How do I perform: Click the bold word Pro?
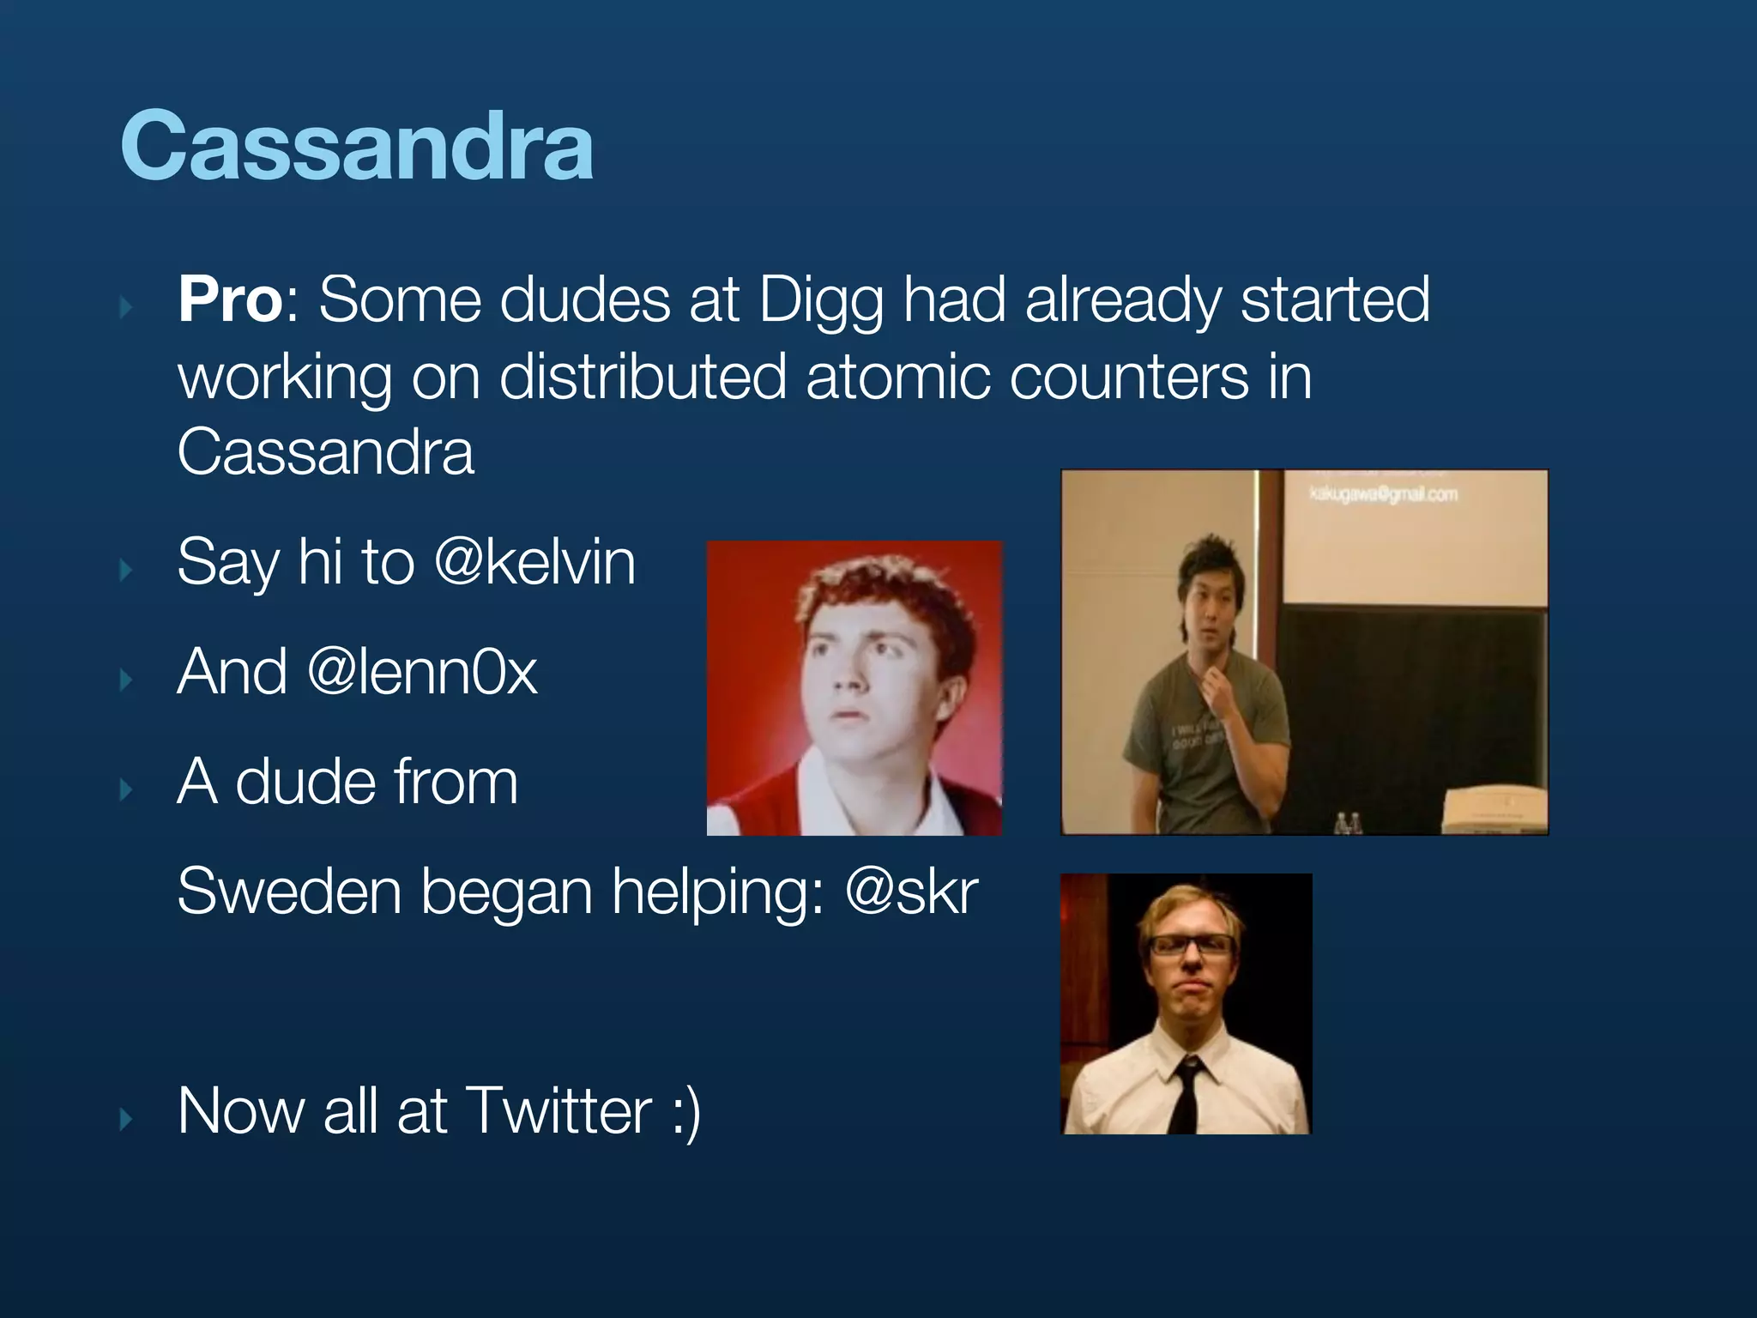(x=230, y=299)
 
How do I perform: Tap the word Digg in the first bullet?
(x=821, y=302)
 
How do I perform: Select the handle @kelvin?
(x=535, y=562)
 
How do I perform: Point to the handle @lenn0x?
(x=422, y=672)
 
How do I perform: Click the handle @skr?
(x=911, y=892)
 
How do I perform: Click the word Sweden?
(x=289, y=892)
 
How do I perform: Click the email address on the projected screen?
(x=1383, y=493)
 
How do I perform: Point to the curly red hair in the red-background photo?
(x=884, y=592)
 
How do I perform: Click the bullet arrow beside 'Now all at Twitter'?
(x=127, y=1118)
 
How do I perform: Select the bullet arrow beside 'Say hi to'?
(x=127, y=570)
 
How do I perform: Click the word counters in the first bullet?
(x=1129, y=377)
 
